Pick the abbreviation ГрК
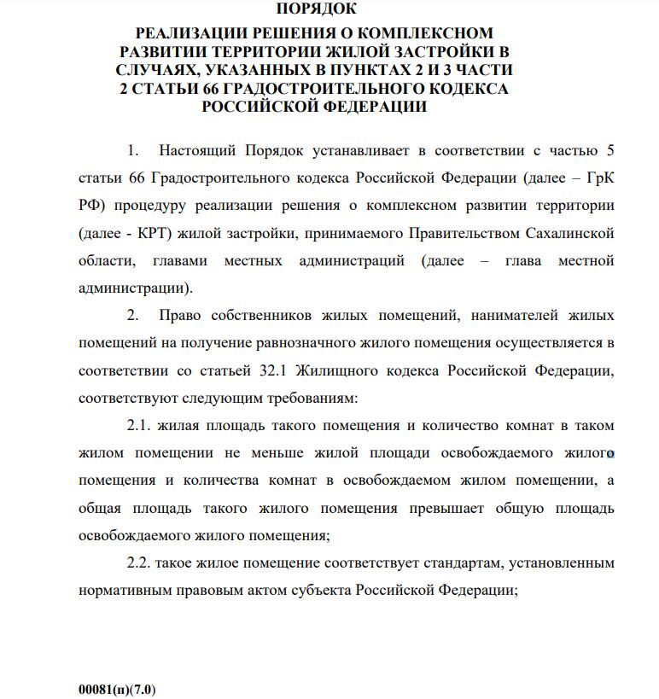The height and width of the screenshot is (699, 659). (598, 178)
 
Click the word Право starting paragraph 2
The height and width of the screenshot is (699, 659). (181, 315)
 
